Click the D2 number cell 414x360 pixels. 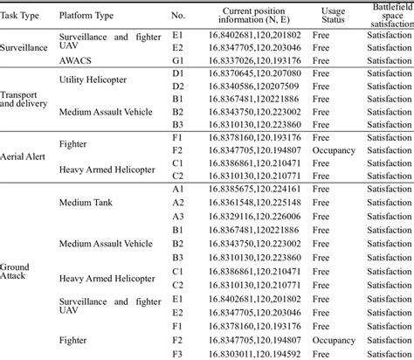click(177, 87)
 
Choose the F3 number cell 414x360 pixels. click(177, 352)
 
